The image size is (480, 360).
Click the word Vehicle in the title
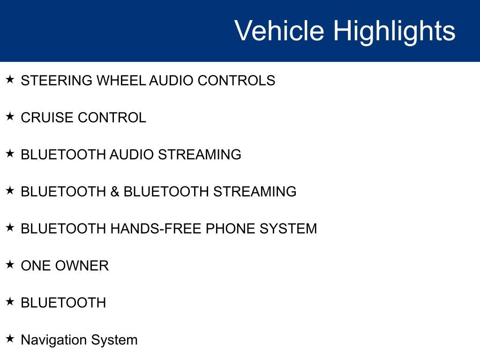(x=279, y=31)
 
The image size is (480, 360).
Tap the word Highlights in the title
(x=394, y=31)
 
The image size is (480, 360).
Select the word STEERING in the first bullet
(x=57, y=81)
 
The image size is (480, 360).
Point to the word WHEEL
(x=121, y=81)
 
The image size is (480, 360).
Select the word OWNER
(x=82, y=266)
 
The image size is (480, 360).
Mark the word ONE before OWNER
(x=36, y=266)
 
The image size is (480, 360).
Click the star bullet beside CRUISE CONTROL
(x=10, y=116)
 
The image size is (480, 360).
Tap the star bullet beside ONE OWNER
(x=10, y=264)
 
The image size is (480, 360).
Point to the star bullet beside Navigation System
(x=10, y=338)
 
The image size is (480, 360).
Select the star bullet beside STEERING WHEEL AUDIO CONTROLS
(x=10, y=79)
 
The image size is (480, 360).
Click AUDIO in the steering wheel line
(x=171, y=81)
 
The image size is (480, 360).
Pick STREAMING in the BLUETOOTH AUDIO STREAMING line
(x=200, y=155)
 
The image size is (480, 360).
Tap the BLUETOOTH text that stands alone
(x=63, y=303)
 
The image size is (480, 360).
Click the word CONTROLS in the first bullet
(x=236, y=81)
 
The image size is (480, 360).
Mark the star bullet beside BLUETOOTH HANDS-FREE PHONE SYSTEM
(x=10, y=227)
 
